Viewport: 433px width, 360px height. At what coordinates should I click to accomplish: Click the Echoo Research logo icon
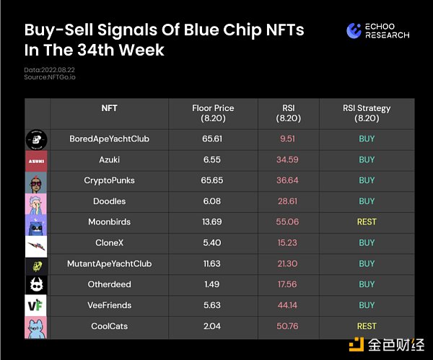pyautogui.click(x=354, y=30)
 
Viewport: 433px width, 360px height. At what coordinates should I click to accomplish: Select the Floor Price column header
pyautogui.click(x=213, y=113)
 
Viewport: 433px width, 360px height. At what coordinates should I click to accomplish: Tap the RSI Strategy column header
pyautogui.click(x=367, y=113)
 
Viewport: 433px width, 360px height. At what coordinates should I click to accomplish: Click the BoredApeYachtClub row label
pyautogui.click(x=110, y=139)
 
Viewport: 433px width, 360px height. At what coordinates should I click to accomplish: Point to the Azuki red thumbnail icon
pyautogui.click(x=37, y=159)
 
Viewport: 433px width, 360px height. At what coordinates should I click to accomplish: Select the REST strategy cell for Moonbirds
pyautogui.click(x=367, y=222)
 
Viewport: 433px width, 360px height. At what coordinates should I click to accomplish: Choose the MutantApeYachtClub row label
pyautogui.click(x=110, y=264)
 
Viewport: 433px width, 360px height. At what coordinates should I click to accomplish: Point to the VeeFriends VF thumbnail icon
pyautogui.click(x=37, y=305)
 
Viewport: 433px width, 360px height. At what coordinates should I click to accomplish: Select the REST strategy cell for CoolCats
pyautogui.click(x=367, y=326)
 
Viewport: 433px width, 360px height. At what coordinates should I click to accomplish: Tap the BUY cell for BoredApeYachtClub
pyautogui.click(x=367, y=139)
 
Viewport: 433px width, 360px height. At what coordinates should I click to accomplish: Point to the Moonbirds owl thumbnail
pyautogui.click(x=37, y=222)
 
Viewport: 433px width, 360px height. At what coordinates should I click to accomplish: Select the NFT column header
pyautogui.click(x=110, y=108)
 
